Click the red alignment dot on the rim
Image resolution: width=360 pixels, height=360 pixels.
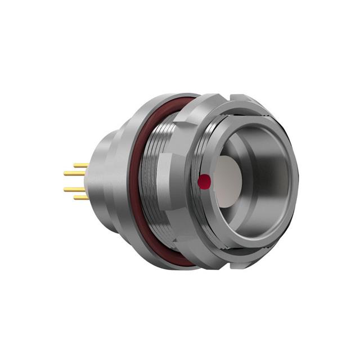(205, 181)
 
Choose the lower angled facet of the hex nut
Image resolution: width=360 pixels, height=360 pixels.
(194, 247)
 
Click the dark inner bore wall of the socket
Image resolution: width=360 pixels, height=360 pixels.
(270, 180)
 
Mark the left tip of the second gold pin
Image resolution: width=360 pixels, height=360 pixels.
(65, 173)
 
